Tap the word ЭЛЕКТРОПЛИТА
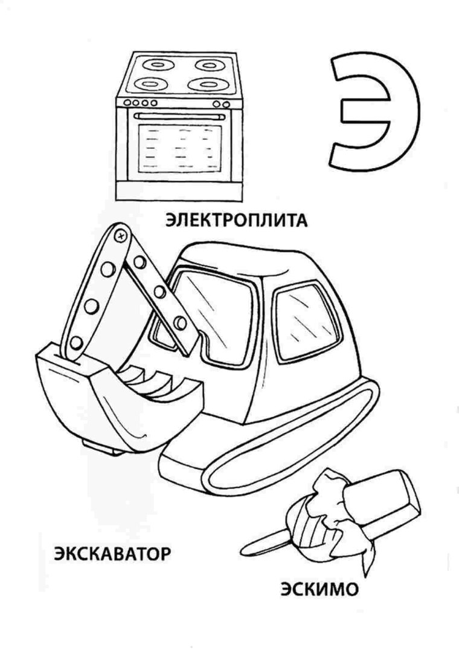point(236,219)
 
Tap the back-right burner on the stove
point(208,64)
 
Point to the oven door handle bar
point(179,115)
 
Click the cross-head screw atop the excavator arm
point(121,233)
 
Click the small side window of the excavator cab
point(300,320)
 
